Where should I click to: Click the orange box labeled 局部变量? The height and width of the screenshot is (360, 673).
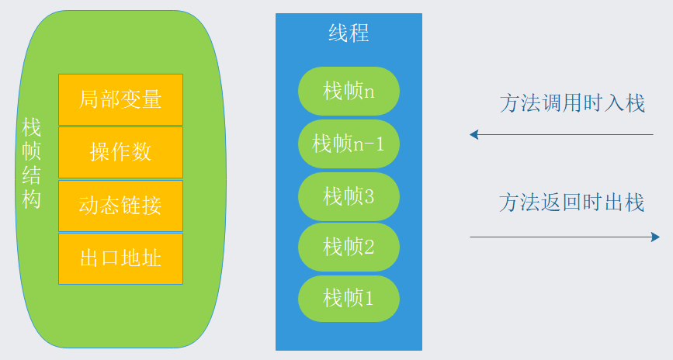[120, 99]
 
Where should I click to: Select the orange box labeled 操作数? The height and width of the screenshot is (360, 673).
[120, 152]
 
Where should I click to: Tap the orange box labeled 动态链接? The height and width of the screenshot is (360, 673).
[120, 206]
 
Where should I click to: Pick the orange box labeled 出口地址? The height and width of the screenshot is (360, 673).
[120, 258]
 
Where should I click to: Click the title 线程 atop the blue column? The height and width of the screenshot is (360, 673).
[349, 33]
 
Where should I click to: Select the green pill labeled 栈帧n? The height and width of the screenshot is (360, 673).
[349, 91]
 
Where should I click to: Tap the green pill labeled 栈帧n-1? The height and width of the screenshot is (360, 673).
[349, 144]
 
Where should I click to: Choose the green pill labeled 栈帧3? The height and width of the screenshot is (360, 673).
[349, 196]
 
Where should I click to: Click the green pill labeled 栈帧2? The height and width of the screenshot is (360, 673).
[349, 247]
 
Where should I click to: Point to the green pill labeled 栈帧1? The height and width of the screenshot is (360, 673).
[349, 298]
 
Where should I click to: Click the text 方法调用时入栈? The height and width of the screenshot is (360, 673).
[572, 104]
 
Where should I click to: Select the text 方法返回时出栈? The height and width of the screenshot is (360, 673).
[572, 203]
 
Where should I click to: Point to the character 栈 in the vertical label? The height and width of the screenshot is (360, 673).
[32, 127]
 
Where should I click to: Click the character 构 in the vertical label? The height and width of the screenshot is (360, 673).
[32, 199]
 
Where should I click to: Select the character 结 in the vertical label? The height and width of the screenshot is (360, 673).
[32, 175]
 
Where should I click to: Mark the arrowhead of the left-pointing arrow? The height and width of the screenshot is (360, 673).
[474, 134]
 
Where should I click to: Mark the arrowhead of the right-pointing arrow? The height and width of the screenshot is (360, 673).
[656, 237]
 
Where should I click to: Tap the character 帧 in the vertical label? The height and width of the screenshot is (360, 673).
[32, 151]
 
